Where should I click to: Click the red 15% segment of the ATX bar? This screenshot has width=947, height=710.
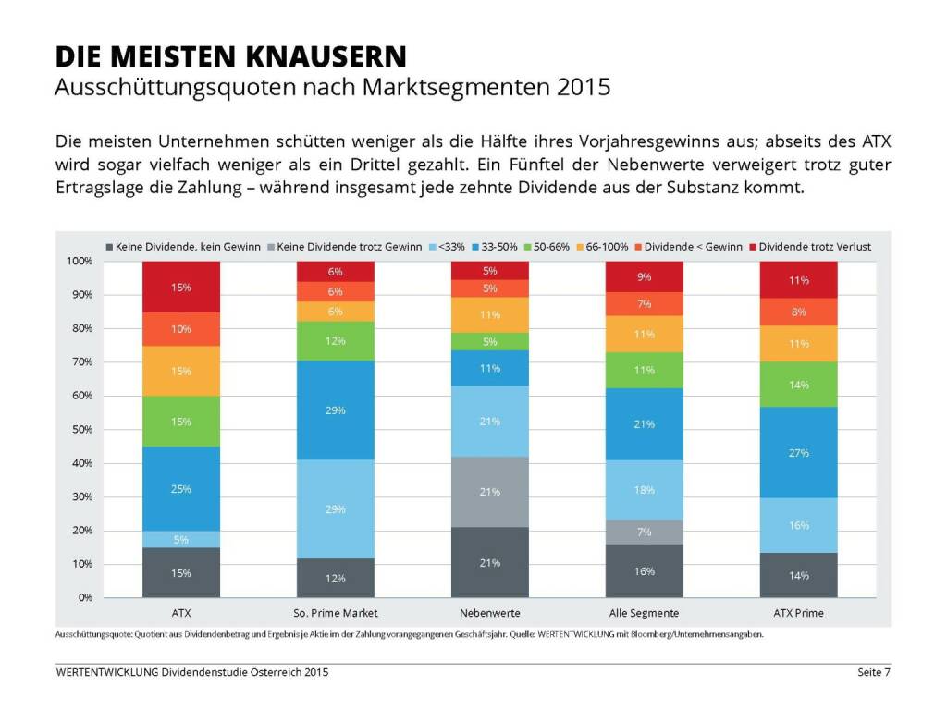pyautogui.click(x=181, y=288)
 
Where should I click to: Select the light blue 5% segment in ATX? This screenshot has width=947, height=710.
pyautogui.click(x=181, y=539)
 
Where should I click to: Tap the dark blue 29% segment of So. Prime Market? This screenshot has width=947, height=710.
pyautogui.click(x=335, y=410)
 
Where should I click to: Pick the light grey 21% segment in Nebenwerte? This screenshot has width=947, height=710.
pyautogui.click(x=490, y=492)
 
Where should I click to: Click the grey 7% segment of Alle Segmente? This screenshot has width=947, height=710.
pyautogui.click(x=645, y=532)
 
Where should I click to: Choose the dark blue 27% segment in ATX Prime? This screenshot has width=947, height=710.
pyautogui.click(x=799, y=452)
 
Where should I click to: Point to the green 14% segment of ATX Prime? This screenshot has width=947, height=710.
pyautogui.click(x=799, y=384)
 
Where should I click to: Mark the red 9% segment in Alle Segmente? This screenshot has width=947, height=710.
pyautogui.click(x=645, y=276)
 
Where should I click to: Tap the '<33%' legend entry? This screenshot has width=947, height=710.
pyautogui.click(x=451, y=247)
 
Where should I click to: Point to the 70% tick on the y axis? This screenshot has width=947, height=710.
pyautogui.click(x=80, y=362)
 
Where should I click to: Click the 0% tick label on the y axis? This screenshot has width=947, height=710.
pyautogui.click(x=83, y=598)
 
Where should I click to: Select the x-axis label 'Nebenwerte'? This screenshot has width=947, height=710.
pyautogui.click(x=490, y=613)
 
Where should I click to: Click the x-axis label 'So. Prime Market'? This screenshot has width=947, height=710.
pyautogui.click(x=335, y=613)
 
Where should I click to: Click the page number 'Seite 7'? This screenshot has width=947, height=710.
pyautogui.click(x=872, y=672)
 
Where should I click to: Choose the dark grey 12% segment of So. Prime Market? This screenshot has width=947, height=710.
pyautogui.click(x=335, y=578)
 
